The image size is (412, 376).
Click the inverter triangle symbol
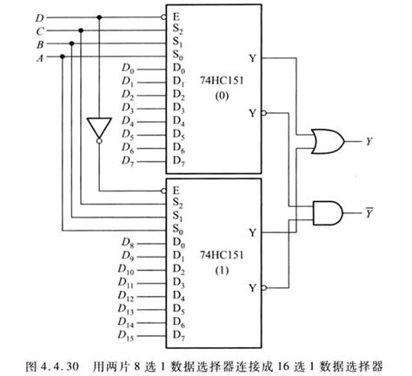(x=98, y=126)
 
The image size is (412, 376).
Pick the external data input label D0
(x=128, y=69)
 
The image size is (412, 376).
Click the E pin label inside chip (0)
(x=177, y=16)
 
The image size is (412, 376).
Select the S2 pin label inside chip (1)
(x=178, y=202)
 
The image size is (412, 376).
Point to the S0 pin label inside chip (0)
(x=178, y=56)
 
